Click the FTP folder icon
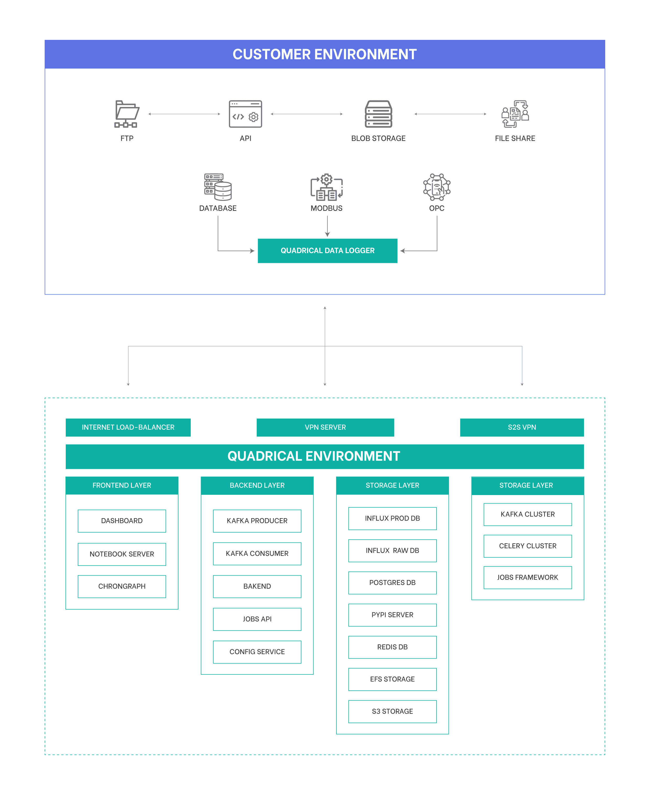pyautogui.click(x=127, y=114)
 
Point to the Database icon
pyautogui.click(x=218, y=187)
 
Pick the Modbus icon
pyautogui.click(x=326, y=187)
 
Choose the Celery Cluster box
pyautogui.click(x=528, y=546)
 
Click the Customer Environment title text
pyautogui.click(x=325, y=54)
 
